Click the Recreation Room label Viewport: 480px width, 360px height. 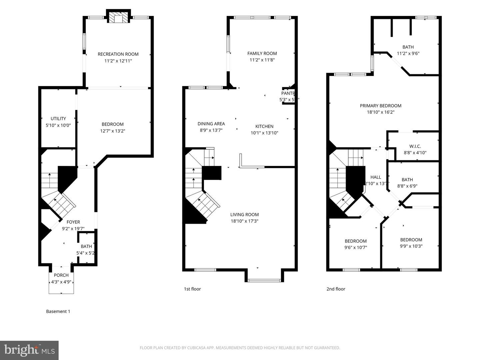point(118,54)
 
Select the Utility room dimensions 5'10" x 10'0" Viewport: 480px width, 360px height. point(58,125)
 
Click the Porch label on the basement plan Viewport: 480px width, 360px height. point(61,275)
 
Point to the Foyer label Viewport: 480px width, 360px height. point(73,222)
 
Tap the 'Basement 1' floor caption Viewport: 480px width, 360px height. point(58,311)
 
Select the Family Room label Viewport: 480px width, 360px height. point(262,53)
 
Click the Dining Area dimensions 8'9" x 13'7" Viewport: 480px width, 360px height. point(211,130)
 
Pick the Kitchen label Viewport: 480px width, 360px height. point(264,126)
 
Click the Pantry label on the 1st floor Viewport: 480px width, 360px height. point(288,94)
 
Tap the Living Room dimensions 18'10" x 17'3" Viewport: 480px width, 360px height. point(244,221)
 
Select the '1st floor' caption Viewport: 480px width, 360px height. point(192,289)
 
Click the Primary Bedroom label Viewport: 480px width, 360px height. point(380,106)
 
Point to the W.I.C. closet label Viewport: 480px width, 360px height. point(415,146)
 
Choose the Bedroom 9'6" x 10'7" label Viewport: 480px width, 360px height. point(356,241)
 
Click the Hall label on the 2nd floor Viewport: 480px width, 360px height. point(375,177)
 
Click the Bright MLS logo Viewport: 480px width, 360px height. point(29,350)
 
